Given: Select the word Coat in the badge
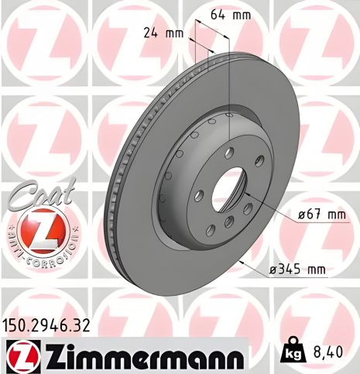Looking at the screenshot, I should [46, 190].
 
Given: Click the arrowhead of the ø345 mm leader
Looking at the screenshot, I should [242, 262].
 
